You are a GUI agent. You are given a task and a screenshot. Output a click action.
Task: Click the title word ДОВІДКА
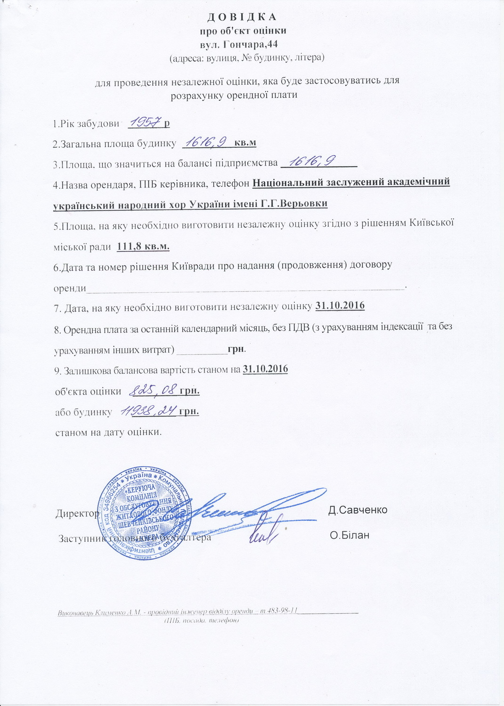[x=242, y=17]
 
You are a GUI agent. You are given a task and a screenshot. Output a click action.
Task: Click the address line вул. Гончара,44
[x=242, y=45]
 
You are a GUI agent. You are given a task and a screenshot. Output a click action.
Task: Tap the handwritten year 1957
[x=144, y=122]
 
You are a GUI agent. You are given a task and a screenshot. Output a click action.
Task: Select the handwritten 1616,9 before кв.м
[x=206, y=141]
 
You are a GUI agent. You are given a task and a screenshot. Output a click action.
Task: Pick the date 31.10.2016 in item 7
[x=340, y=305]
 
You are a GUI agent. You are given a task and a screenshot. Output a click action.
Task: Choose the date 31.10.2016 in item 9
[x=265, y=369]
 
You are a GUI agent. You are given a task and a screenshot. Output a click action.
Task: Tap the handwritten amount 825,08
[x=154, y=390]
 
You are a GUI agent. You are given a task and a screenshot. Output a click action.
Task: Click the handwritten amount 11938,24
[x=147, y=411]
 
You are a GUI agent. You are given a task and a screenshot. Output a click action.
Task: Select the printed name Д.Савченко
[x=358, y=510]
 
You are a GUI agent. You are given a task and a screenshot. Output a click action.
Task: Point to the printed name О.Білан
[x=350, y=535]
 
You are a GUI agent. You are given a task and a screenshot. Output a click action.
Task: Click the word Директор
[x=77, y=513]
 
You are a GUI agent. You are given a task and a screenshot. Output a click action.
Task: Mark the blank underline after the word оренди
[x=245, y=288]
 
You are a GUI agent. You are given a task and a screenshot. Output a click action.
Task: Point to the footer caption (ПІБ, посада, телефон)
[x=202, y=621]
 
